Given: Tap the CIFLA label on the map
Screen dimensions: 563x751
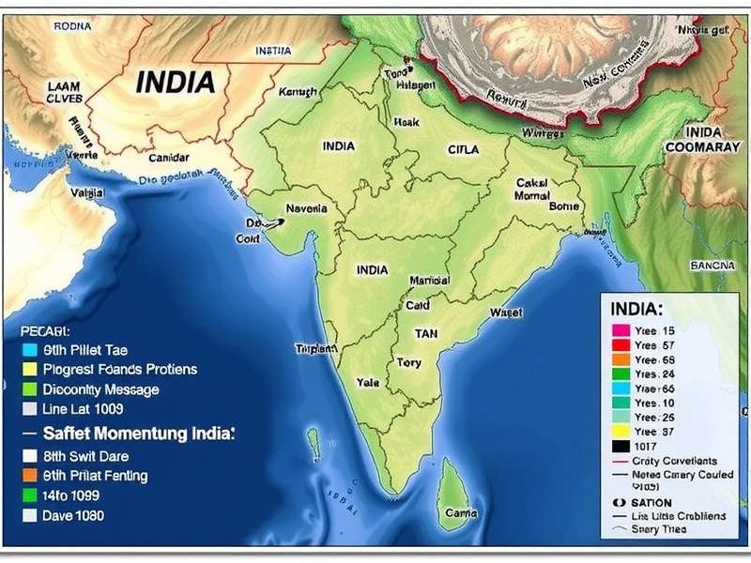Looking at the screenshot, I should click(x=463, y=149).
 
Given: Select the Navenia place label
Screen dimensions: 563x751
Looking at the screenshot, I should click(x=306, y=208).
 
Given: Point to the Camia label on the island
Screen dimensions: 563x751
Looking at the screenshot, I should click(x=460, y=513).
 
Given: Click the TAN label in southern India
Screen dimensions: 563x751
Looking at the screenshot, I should click(x=426, y=333).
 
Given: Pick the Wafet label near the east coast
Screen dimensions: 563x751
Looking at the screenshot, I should click(x=506, y=312).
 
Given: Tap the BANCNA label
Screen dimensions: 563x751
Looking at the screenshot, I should click(x=712, y=266).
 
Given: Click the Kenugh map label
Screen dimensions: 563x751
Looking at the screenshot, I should click(x=298, y=92).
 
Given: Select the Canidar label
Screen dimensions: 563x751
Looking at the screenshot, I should click(x=168, y=158).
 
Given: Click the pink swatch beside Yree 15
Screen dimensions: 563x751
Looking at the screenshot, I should click(x=619, y=331).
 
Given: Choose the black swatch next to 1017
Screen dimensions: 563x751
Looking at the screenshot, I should click(x=619, y=446).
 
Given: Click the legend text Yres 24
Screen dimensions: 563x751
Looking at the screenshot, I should click(x=654, y=373).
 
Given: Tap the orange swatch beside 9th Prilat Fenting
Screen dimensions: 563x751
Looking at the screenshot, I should click(x=30, y=476).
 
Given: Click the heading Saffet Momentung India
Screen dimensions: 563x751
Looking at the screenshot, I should click(x=138, y=434).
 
